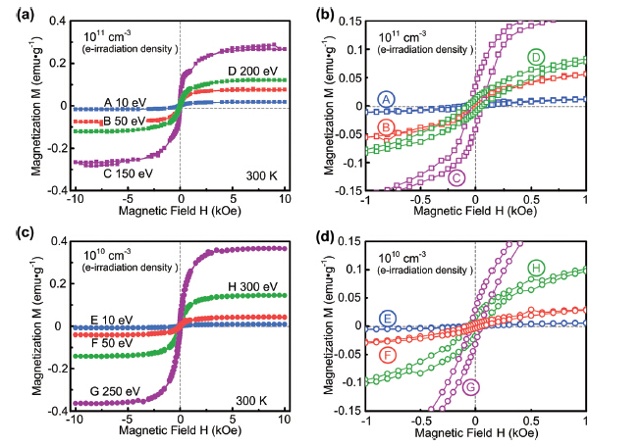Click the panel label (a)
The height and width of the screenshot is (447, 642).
tap(18, 12)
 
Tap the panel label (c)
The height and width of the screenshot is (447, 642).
tap(18, 231)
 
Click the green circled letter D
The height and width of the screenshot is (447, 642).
tap(535, 58)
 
